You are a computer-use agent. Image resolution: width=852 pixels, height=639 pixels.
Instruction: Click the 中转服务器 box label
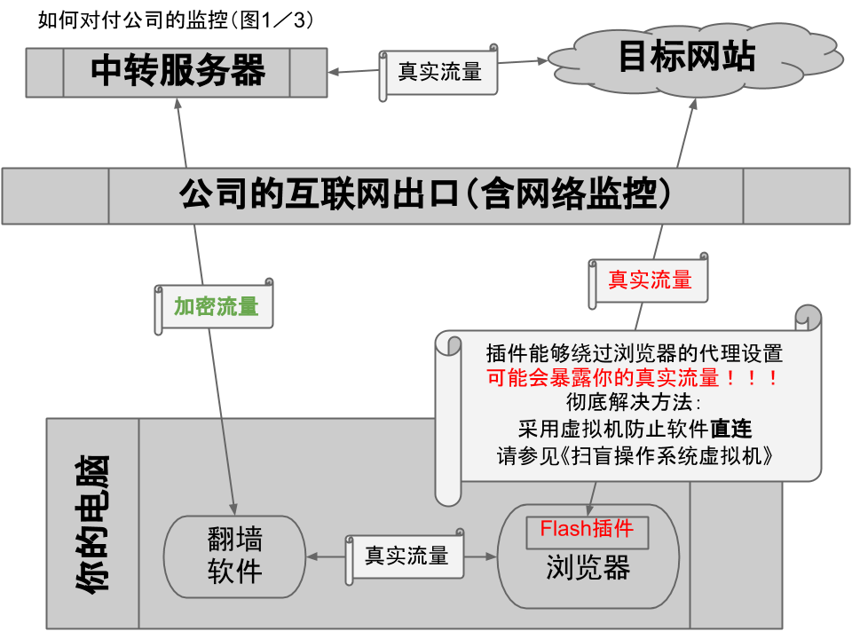click(177, 71)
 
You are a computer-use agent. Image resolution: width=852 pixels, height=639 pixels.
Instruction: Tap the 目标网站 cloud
click(686, 57)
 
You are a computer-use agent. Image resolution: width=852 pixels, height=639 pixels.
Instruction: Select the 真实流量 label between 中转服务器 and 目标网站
click(439, 72)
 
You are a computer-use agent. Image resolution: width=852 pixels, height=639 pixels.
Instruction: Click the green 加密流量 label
click(216, 307)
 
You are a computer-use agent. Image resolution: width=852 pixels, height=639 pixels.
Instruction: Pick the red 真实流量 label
click(650, 280)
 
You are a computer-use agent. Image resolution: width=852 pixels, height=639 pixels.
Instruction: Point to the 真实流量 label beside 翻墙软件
click(406, 556)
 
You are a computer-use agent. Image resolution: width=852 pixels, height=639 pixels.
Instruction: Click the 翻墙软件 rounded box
click(235, 556)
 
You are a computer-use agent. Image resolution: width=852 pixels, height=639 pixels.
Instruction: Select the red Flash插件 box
click(587, 530)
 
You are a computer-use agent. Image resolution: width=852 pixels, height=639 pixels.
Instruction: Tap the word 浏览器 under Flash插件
click(588, 569)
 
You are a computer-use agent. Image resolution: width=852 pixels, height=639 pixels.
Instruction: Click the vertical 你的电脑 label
click(92, 524)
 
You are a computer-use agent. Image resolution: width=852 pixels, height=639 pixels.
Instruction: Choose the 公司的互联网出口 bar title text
click(424, 193)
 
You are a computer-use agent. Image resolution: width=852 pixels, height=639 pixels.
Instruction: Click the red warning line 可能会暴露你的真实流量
click(635, 378)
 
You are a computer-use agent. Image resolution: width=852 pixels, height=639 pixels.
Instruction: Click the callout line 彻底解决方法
click(634, 405)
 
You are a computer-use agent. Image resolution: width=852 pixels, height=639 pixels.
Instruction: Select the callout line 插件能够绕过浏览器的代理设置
click(635, 352)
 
